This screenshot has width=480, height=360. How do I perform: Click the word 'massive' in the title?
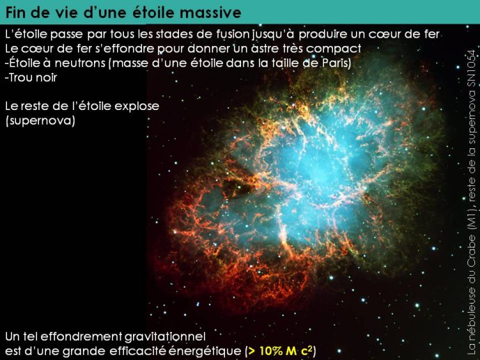210,13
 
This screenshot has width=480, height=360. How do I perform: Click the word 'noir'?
46,78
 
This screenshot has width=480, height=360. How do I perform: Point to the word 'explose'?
137,107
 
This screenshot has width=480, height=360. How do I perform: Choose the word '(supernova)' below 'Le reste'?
40,120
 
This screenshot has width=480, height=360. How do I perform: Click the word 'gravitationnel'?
165,337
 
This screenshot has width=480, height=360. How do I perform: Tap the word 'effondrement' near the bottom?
81,336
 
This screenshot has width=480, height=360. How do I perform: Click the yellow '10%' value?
271,351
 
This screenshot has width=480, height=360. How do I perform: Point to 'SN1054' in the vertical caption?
472,68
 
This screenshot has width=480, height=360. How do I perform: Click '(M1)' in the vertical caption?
472,219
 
